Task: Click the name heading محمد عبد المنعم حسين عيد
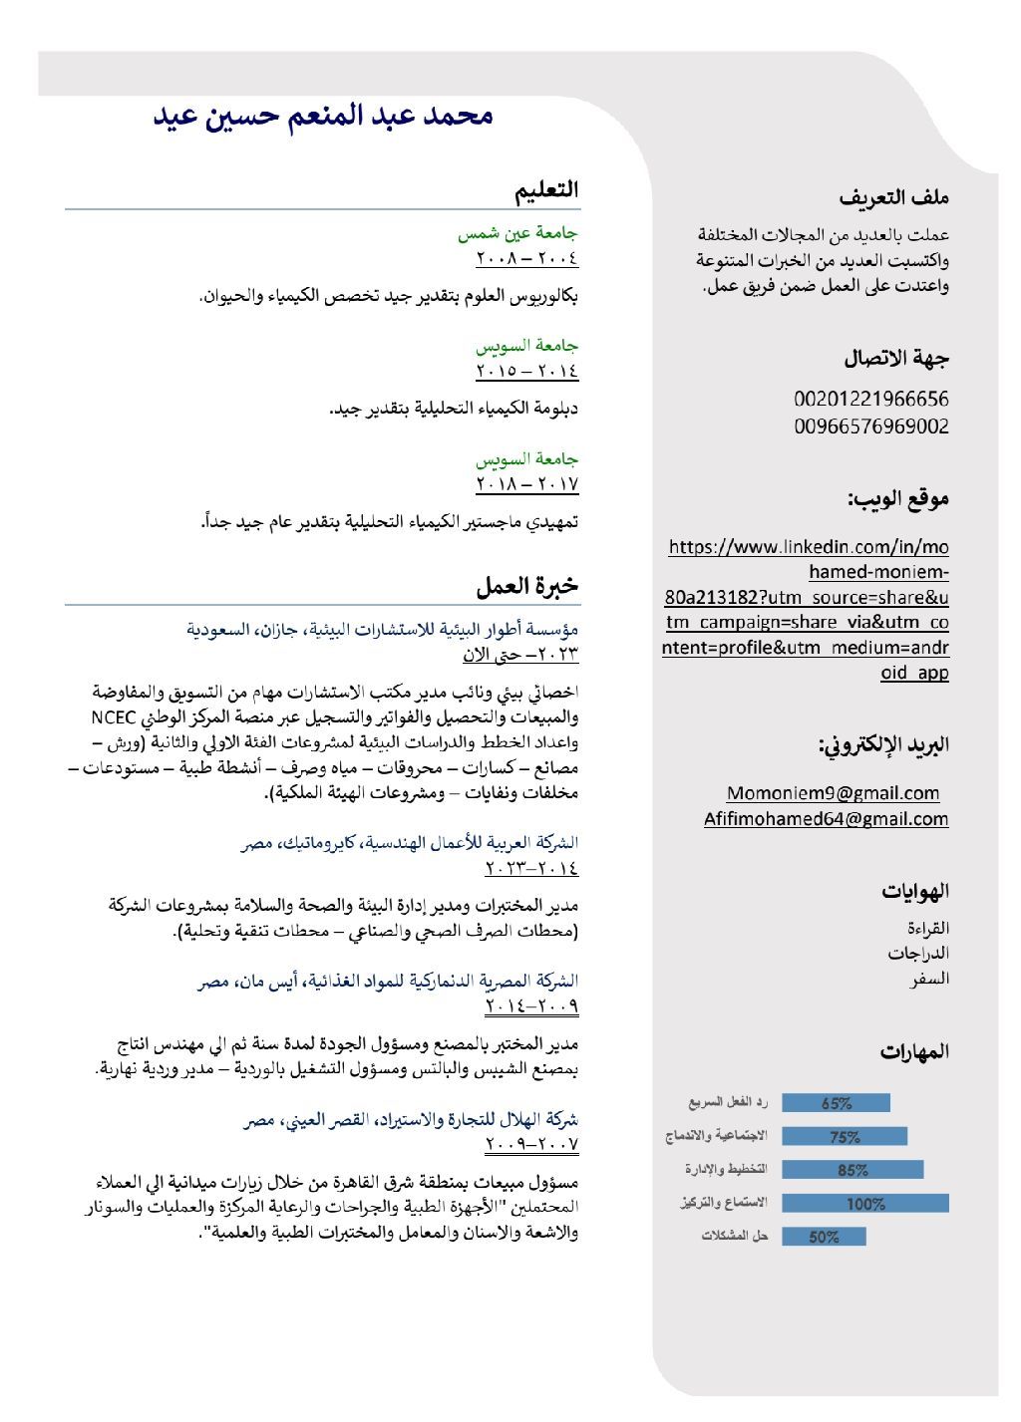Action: pos(323,116)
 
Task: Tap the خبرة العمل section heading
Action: pos(527,586)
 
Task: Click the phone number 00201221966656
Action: pos(870,399)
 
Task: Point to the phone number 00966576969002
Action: pos(870,427)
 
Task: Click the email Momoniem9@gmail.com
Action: pos(833,793)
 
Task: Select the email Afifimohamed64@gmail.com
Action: pos(826,819)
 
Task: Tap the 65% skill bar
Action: pos(836,1103)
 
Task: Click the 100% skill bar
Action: pos(864,1204)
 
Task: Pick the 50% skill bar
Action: pos(824,1237)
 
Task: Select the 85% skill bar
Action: pos(852,1170)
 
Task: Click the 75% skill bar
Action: pos(845,1136)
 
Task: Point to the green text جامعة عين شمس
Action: pos(517,234)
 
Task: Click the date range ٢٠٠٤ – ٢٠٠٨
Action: pos(526,259)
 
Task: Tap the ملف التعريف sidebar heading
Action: pos(893,197)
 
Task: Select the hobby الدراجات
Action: pos(918,954)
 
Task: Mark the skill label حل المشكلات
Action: pos(735,1237)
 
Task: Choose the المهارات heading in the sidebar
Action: pos(914,1051)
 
